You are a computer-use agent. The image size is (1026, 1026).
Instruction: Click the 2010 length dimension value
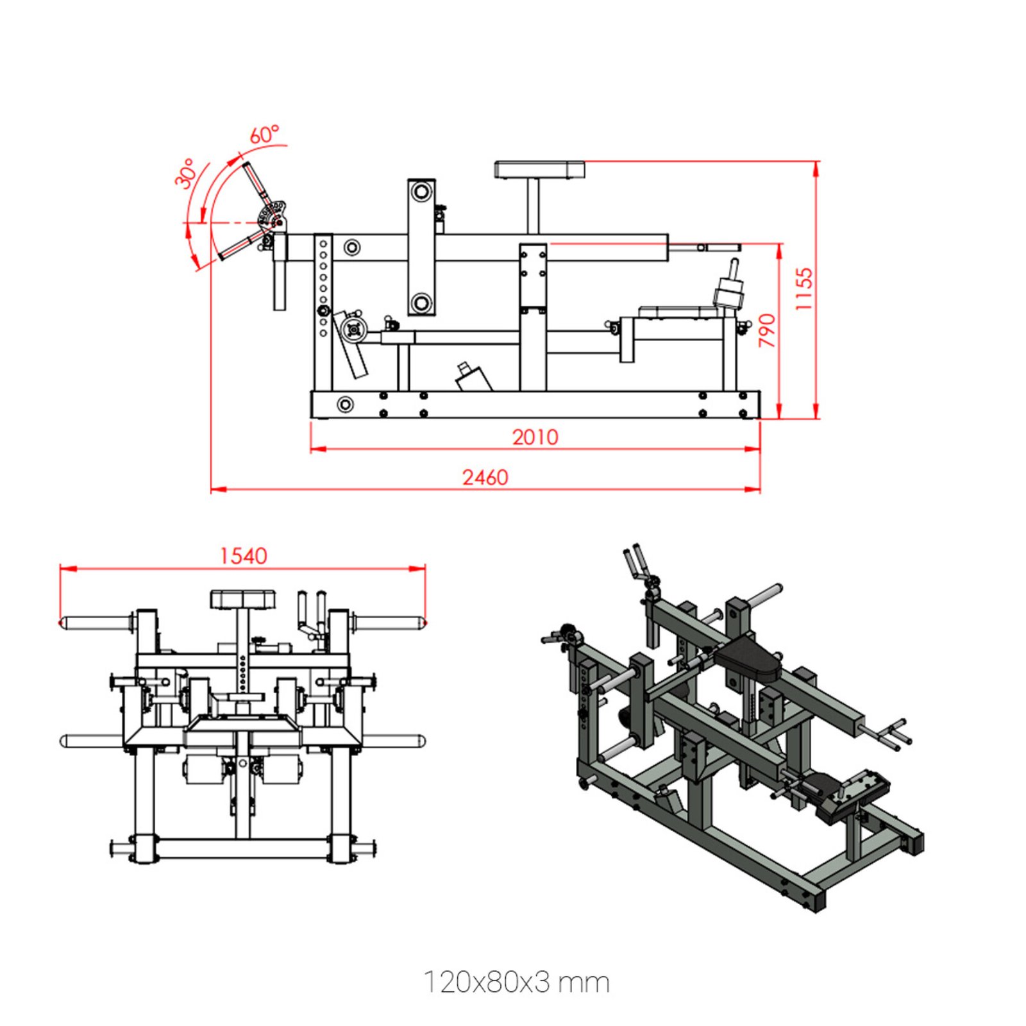(x=534, y=437)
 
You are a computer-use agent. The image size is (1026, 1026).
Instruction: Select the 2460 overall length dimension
(x=485, y=478)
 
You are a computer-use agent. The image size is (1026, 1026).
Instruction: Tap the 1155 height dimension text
(x=804, y=289)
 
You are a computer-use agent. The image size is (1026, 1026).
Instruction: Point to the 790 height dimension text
(x=767, y=330)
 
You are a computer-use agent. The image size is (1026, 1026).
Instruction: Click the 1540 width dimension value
(x=243, y=556)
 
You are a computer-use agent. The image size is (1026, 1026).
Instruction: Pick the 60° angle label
(x=264, y=135)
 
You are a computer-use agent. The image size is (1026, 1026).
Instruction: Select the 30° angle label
(x=185, y=174)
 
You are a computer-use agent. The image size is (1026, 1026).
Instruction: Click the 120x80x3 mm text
(x=516, y=982)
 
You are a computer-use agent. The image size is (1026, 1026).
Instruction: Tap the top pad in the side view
(x=539, y=170)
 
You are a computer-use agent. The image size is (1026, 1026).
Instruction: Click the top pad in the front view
(x=243, y=600)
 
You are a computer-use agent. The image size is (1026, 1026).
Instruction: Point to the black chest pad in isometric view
(x=748, y=659)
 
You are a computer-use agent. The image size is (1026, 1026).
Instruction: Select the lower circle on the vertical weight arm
(x=421, y=303)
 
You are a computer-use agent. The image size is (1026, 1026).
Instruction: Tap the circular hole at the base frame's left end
(x=345, y=405)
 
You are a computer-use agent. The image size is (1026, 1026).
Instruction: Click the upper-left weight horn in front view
(x=96, y=622)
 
